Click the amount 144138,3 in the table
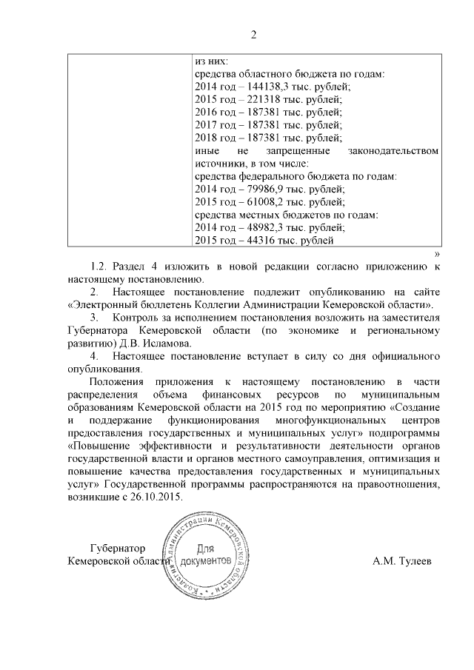click(x=269, y=87)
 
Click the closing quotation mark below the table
click(x=436, y=253)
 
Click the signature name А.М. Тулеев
click(x=402, y=562)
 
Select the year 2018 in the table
click(x=205, y=138)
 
